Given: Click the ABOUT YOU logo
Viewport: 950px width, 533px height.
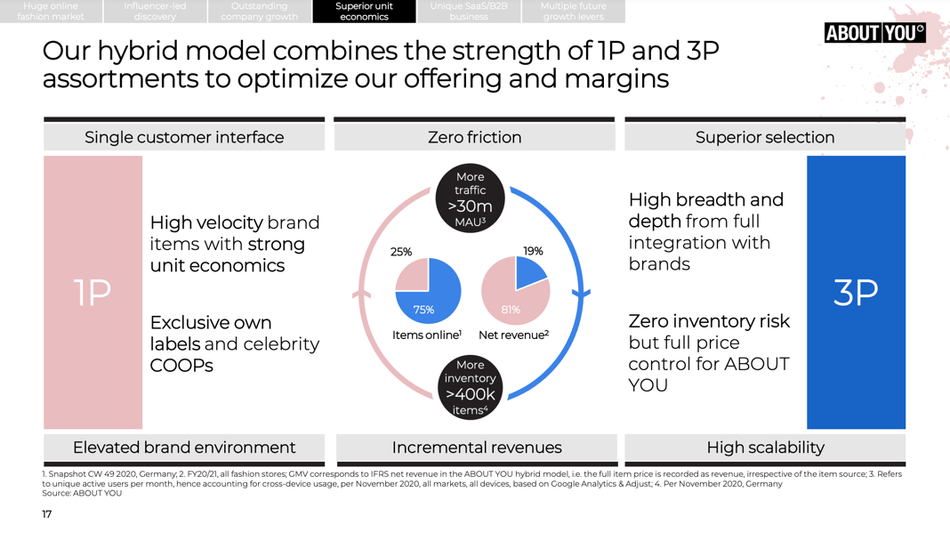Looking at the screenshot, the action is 874,33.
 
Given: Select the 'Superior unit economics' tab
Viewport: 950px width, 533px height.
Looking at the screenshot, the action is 364,12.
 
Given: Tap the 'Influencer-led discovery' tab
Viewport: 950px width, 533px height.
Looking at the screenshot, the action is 155,12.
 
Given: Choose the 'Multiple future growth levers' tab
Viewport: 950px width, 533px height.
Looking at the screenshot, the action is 573,12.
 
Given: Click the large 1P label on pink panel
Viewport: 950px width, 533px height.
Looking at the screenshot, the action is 93,293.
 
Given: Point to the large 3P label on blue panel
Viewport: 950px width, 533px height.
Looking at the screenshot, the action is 856,293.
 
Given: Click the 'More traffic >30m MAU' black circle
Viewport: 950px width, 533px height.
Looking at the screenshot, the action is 470,199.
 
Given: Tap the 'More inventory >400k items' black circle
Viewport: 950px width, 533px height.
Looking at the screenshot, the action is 470,387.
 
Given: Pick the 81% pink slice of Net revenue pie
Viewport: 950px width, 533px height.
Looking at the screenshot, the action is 509,298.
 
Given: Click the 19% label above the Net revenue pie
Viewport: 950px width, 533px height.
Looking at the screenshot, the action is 533,252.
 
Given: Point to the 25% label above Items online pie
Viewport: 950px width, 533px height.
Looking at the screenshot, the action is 401,252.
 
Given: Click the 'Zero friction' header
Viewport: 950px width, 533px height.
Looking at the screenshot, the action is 474,137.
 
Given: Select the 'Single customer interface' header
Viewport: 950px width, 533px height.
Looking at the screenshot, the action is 184,137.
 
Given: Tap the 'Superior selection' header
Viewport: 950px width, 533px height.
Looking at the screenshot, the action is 764,137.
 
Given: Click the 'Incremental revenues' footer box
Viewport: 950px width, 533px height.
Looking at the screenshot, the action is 476,448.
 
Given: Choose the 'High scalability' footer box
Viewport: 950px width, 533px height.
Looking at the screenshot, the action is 764,448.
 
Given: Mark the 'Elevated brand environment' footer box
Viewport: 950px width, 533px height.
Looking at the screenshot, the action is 184,448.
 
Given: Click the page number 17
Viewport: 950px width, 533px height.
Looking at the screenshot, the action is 47,514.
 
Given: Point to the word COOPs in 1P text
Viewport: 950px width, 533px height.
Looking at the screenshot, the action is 181,365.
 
